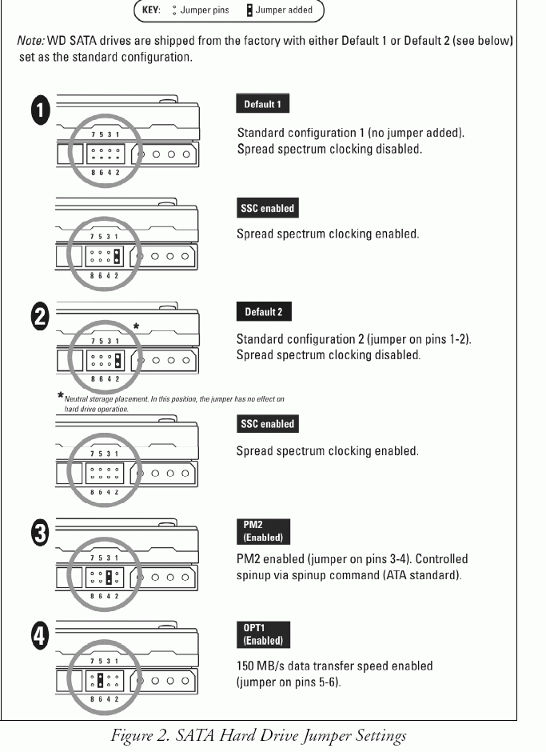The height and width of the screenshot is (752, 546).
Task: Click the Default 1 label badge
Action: tap(262, 104)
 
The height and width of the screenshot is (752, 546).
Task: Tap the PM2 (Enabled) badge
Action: tap(263, 532)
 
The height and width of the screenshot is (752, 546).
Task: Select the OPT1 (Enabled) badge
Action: tap(263, 634)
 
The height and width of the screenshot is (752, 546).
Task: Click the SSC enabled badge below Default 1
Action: tap(267, 208)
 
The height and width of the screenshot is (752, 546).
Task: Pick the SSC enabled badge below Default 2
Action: tap(267, 424)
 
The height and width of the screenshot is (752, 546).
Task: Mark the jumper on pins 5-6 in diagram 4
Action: tap(99, 681)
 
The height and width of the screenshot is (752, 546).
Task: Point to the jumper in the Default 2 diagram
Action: tap(117, 362)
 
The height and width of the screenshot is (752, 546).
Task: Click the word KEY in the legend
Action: tap(152, 10)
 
